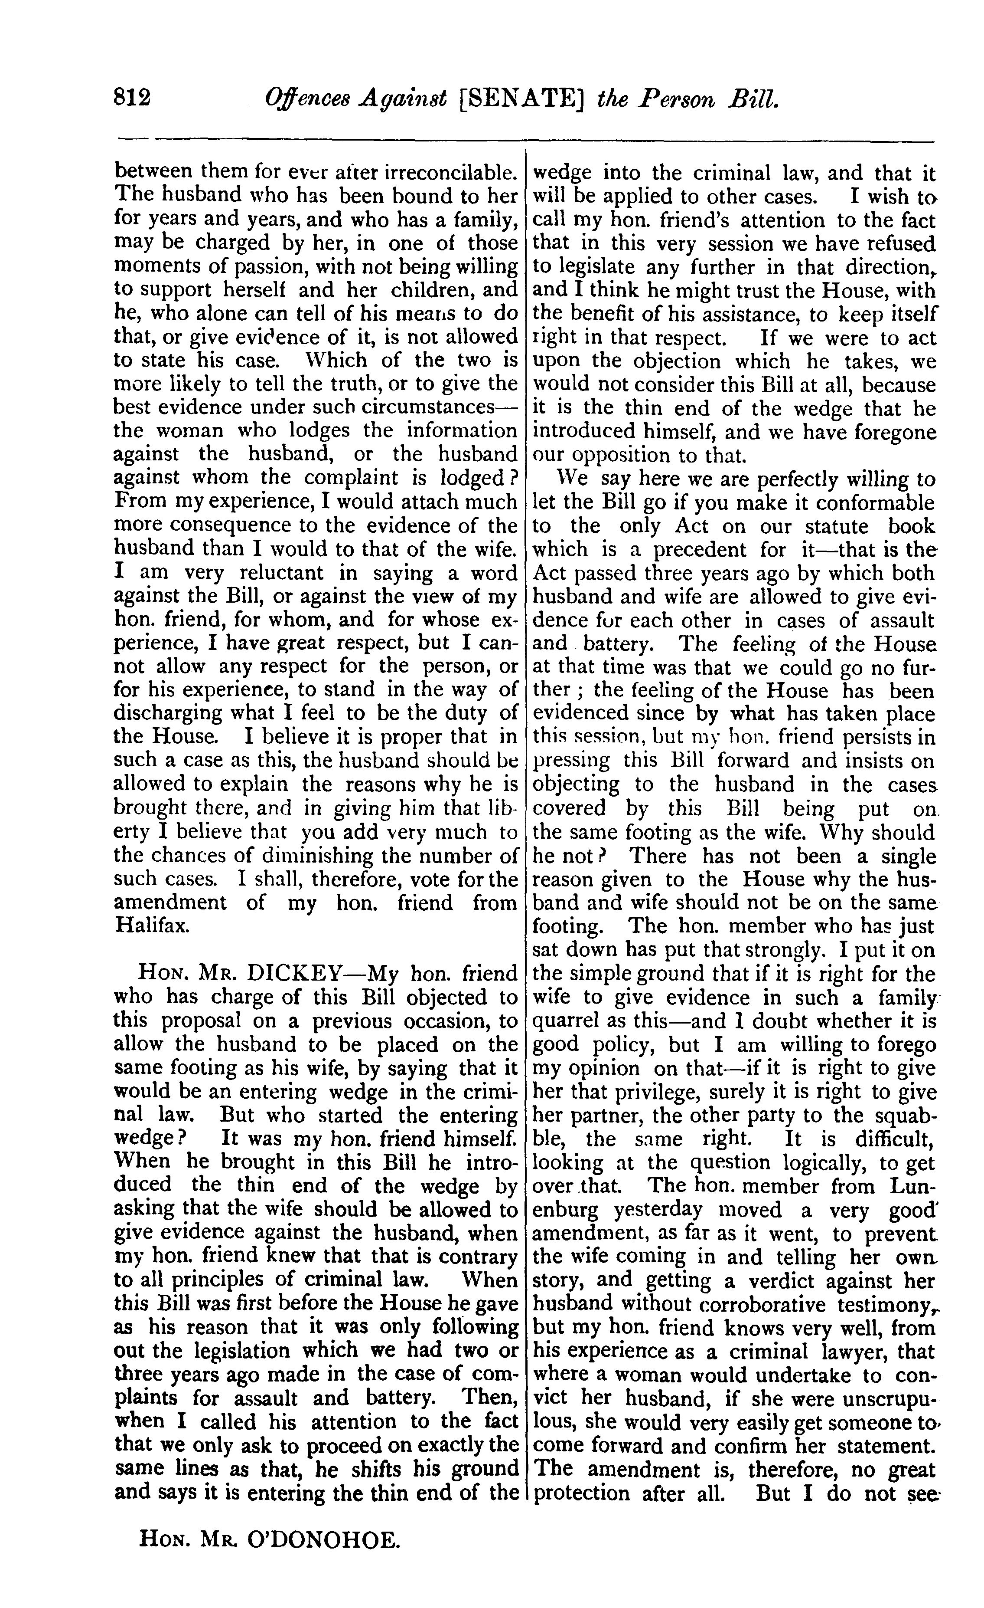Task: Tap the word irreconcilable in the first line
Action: tap(448, 172)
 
